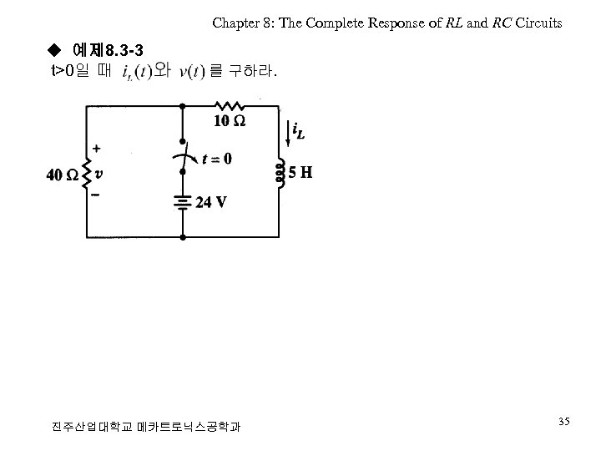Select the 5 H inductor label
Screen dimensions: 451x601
pos(300,174)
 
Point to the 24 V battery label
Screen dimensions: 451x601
pos(210,202)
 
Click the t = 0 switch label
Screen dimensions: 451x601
pos(216,158)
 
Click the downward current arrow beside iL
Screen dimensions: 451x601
pos(288,131)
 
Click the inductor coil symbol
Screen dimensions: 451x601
pos(280,173)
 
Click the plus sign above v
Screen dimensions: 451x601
pos(98,149)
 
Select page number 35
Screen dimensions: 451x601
pos(564,423)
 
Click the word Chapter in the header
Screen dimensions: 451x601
pos(235,23)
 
